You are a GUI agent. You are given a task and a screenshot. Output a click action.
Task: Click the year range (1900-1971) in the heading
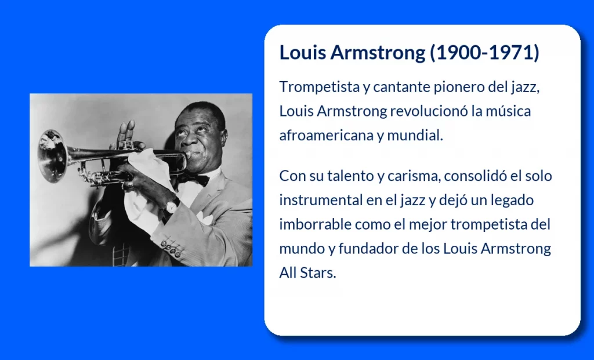[484, 52]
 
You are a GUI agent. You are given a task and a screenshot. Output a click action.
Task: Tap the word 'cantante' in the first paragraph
[401, 87]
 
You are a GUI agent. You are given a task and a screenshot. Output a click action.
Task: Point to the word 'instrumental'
[321, 200]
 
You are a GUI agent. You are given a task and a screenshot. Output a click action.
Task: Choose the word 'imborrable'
[315, 224]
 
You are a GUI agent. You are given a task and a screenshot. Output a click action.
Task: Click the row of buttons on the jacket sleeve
[171, 248]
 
